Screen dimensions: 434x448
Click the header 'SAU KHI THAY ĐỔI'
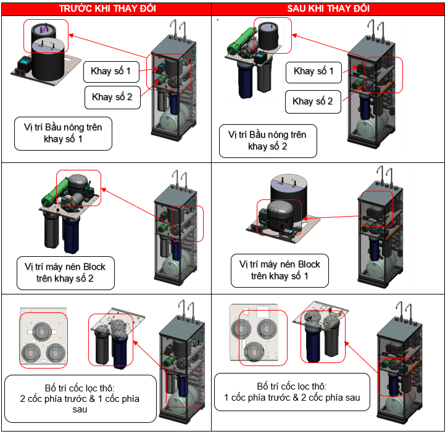329,9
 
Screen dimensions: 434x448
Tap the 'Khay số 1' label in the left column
111,72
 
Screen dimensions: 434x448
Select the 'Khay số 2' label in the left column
112,96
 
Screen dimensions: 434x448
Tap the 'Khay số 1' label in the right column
313,72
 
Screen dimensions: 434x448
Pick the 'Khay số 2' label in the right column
312,101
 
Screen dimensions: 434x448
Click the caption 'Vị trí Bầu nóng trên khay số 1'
64,133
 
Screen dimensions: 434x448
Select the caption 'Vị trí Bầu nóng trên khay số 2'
268,141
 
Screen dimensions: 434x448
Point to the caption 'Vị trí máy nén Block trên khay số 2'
65,272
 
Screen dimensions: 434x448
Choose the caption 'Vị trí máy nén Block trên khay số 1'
280,270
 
